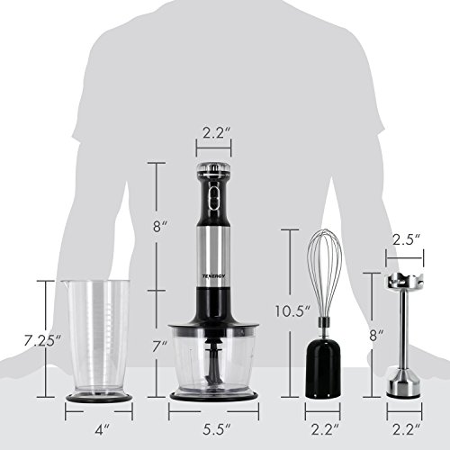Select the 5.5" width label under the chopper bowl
[214, 418]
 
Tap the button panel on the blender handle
[213, 193]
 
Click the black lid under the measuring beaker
[99, 395]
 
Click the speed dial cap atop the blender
[213, 167]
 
